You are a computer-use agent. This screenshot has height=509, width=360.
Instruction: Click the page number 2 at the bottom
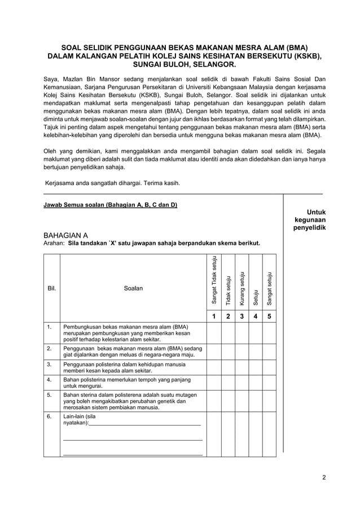(324, 477)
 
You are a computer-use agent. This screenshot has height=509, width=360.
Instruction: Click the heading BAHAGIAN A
(65, 235)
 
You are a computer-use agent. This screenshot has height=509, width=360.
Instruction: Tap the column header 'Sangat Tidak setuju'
(214, 281)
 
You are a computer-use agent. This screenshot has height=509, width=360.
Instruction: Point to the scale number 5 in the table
(269, 317)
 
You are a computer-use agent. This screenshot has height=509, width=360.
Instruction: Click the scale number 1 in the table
(214, 317)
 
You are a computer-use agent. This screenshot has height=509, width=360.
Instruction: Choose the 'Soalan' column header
(133, 288)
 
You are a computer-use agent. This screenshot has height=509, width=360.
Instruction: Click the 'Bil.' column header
(51, 288)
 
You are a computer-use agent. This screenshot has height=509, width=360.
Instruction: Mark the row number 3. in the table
(50, 365)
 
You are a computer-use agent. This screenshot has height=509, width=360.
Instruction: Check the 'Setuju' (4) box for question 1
(256, 333)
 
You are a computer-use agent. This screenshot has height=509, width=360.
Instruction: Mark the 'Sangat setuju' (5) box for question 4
(269, 383)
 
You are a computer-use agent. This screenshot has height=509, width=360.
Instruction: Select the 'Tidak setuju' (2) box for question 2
(228, 352)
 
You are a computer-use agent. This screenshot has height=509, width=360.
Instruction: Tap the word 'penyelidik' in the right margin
(309, 228)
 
